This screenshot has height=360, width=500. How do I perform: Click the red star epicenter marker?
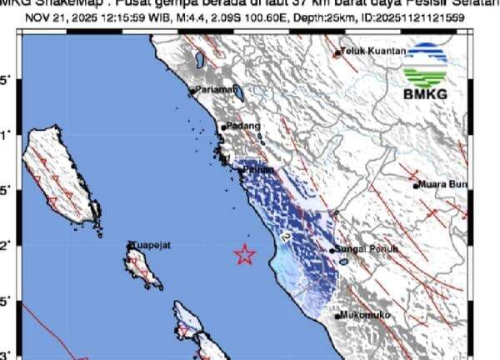pyautogui.click(x=244, y=255)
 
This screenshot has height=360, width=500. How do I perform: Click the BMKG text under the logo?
pyautogui.click(x=425, y=93)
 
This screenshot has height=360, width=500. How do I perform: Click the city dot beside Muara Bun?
pyautogui.click(x=416, y=186)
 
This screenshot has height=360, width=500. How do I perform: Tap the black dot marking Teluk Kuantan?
pyautogui.click(x=338, y=52)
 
